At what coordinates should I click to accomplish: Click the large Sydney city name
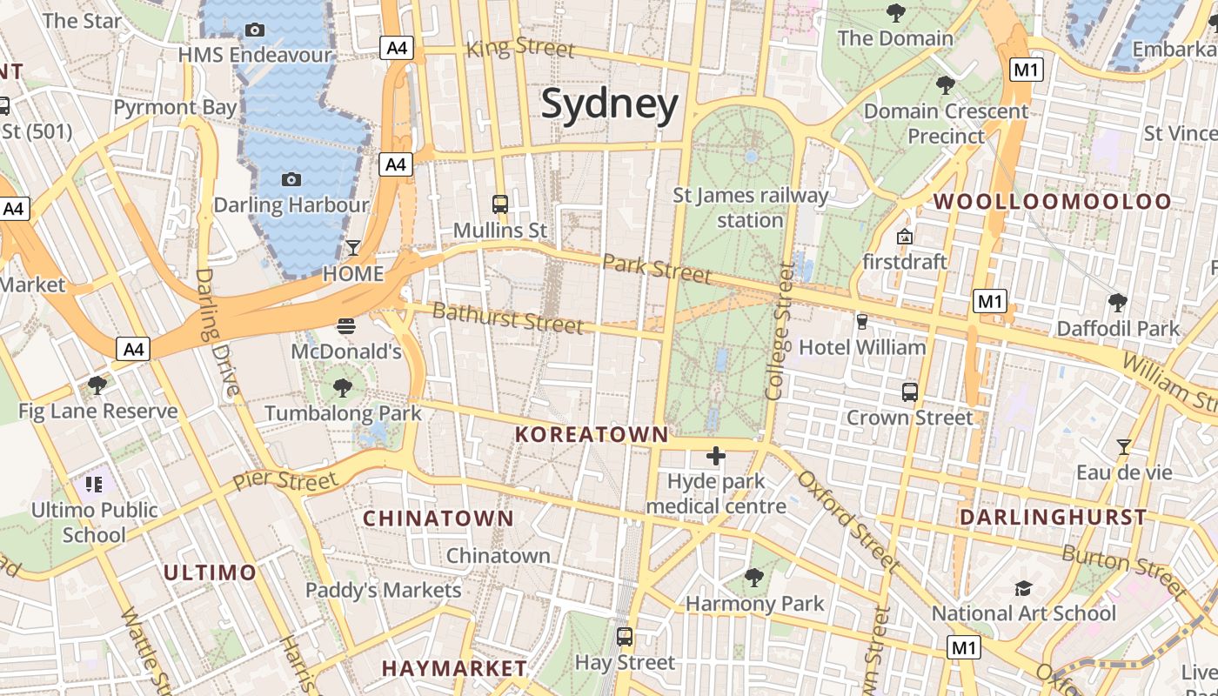pyautogui.click(x=609, y=104)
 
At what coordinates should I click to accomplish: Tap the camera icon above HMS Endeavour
pyautogui.click(x=255, y=30)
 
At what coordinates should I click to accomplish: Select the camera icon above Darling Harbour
pyautogui.click(x=291, y=179)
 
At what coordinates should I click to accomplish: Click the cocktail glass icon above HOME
pyautogui.click(x=353, y=248)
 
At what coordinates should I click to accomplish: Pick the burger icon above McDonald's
pyautogui.click(x=346, y=326)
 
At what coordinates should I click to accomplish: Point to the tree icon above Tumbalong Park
pyautogui.click(x=343, y=387)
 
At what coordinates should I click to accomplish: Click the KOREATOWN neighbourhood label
pyautogui.click(x=592, y=434)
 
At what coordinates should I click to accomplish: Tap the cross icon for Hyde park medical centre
pyautogui.click(x=716, y=455)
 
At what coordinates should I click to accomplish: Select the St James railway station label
pyautogui.click(x=751, y=208)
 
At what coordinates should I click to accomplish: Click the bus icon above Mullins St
pyautogui.click(x=500, y=204)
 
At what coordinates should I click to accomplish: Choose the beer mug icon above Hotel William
pyautogui.click(x=862, y=321)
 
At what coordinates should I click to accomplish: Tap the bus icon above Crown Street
pyautogui.click(x=910, y=391)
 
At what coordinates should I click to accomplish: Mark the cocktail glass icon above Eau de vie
pyautogui.click(x=1124, y=447)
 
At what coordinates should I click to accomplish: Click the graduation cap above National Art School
pyautogui.click(x=1023, y=589)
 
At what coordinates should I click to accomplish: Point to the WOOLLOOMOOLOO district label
pyautogui.click(x=1053, y=202)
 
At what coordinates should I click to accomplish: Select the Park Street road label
pyautogui.click(x=657, y=269)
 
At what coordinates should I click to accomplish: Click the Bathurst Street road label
pyautogui.click(x=507, y=318)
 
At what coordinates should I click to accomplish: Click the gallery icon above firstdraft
pyautogui.click(x=904, y=237)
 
